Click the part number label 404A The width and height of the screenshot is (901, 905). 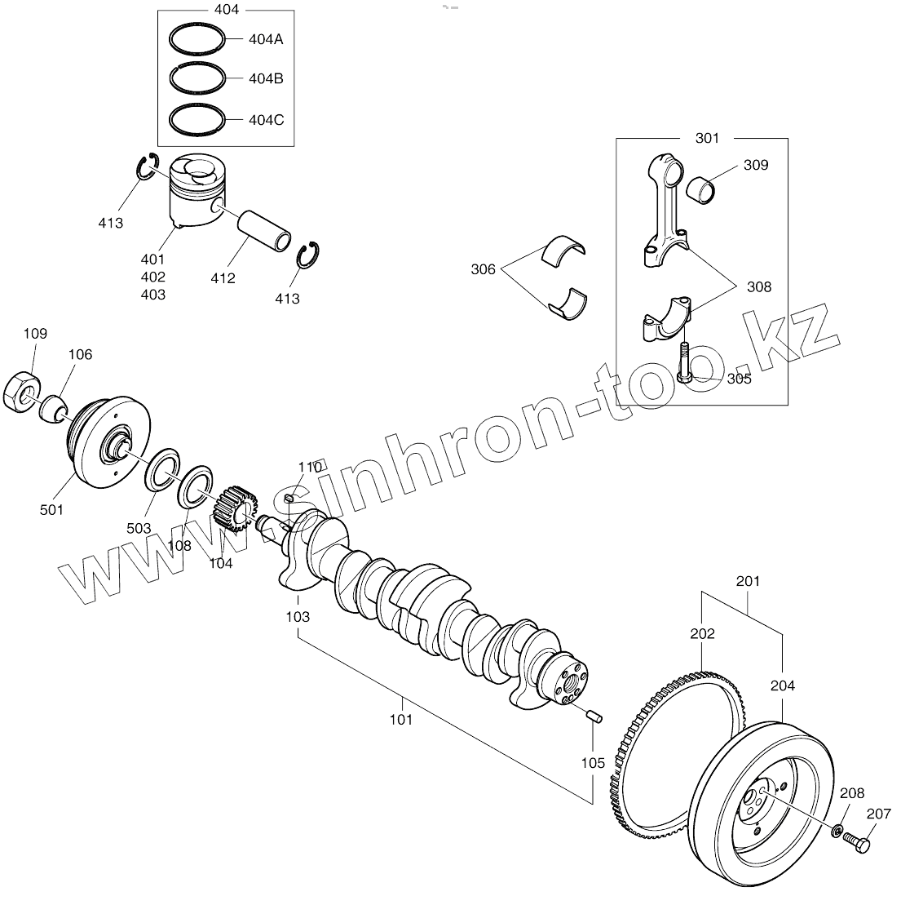click(x=265, y=39)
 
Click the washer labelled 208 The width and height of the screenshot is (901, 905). click(x=837, y=831)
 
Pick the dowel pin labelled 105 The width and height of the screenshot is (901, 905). click(x=594, y=717)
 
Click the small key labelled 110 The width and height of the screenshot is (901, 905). click(x=289, y=499)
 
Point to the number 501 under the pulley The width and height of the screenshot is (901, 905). click(x=51, y=509)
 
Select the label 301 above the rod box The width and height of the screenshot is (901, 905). click(x=707, y=139)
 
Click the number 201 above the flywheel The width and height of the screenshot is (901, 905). click(x=747, y=582)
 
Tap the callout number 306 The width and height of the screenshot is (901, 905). click(x=483, y=269)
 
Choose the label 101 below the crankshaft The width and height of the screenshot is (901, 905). click(x=400, y=719)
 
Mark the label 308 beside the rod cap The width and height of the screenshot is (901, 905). click(x=758, y=286)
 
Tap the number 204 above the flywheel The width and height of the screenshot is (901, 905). click(x=782, y=686)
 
